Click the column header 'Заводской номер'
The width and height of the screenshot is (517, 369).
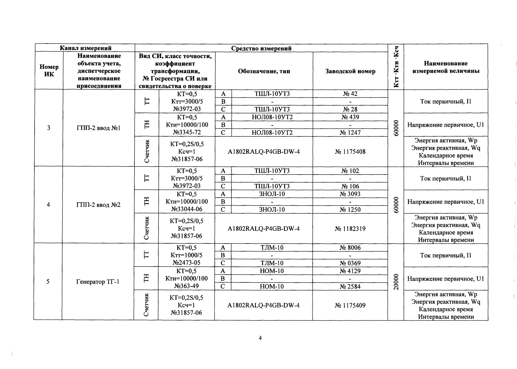350,71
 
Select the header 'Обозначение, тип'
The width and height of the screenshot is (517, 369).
264,71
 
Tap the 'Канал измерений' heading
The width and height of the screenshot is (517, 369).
85,48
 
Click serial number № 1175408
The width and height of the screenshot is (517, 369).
350,152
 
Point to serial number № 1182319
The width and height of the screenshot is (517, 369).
350,229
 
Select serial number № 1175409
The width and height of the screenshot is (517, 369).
350,306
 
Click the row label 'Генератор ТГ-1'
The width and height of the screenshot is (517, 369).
98,282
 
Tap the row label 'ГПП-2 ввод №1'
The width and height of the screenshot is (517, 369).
98,128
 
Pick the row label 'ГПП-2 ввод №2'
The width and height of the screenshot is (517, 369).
98,205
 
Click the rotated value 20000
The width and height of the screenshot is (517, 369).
396,282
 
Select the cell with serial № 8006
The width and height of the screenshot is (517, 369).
350,248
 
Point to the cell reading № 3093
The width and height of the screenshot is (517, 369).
350,194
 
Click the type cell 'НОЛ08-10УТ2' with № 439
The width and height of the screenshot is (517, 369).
272,117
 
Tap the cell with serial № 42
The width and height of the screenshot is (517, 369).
350,94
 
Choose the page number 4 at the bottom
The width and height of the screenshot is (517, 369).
260,338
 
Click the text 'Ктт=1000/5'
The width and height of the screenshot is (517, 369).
187,255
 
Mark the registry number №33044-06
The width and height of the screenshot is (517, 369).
187,209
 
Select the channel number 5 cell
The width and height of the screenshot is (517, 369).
48,282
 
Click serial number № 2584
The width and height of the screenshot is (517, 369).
350,286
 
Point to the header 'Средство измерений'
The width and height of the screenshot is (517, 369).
261,48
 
